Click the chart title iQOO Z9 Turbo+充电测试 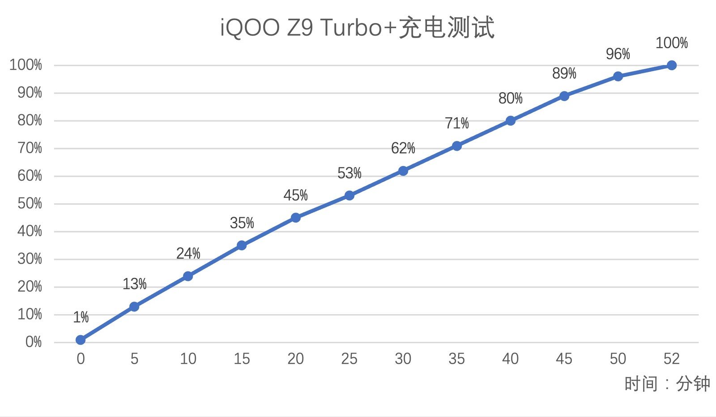coord(357,28)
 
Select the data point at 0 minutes coord(81,340)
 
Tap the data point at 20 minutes coord(295,218)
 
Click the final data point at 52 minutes coord(671,65)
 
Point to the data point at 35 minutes coord(456,146)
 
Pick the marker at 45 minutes coord(564,96)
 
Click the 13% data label coord(134,284)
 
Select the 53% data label coord(349,173)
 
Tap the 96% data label coord(618,54)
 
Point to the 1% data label coord(81,317)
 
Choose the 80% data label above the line coord(510,98)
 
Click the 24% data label coord(188,254)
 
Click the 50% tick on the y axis coord(30,204)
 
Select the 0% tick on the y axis coord(33,342)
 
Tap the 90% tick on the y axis coord(30,93)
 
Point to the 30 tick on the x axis coord(403,359)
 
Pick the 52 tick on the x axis coord(671,359)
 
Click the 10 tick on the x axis coord(188,359)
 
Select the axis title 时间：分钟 coord(667,384)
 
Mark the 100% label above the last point coord(671,43)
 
